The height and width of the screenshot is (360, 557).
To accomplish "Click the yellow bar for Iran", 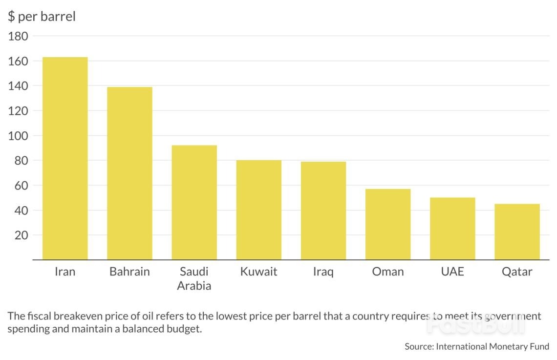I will tap(65, 158).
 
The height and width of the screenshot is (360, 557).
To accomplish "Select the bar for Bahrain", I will tap(129, 173).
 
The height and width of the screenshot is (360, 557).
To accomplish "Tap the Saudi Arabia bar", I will tap(194, 202).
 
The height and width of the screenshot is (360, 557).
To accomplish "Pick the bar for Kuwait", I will tap(258, 210).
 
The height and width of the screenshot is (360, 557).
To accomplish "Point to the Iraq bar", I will tap(323, 211).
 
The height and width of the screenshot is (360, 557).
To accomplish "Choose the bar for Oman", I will tap(388, 224).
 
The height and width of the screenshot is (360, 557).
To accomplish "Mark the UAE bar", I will tap(452, 229).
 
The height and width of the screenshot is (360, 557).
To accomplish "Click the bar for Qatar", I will tap(517, 232).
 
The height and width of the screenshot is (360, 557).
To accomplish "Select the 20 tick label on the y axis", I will tap(22, 235).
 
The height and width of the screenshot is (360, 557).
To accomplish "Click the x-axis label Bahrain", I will tap(129, 272).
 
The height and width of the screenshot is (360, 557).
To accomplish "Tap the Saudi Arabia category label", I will tap(194, 278).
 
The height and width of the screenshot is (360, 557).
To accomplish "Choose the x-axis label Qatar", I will tap(517, 272).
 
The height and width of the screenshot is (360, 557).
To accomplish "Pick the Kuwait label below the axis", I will tap(258, 272).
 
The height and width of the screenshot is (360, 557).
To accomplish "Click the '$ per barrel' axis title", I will tap(42, 17).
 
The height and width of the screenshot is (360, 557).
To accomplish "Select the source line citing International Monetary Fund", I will tap(476, 346).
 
